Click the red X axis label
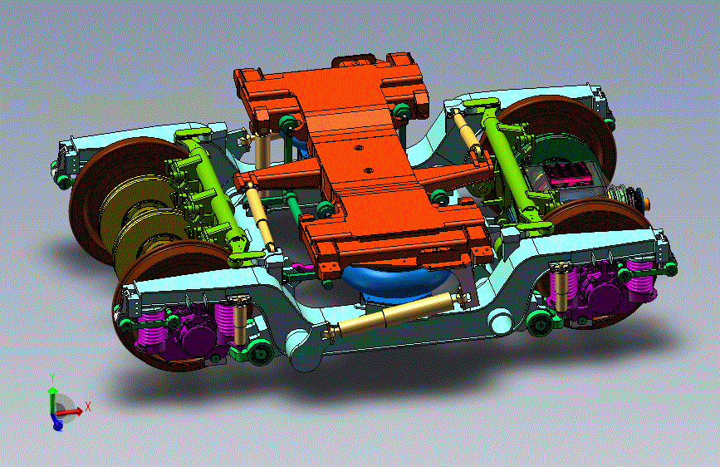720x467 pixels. click(88, 406)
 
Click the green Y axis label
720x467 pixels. click(52, 378)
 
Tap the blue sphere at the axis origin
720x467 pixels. click(58, 425)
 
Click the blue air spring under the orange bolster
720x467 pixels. click(396, 279)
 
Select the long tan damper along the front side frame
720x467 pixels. click(395, 313)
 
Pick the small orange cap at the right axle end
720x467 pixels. click(647, 201)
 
